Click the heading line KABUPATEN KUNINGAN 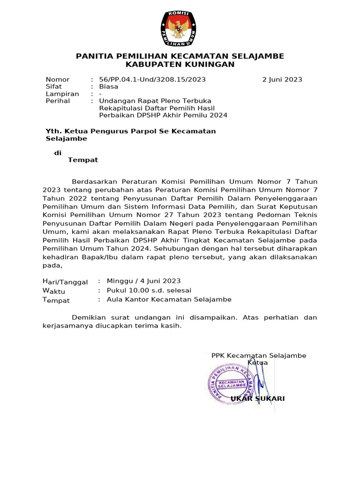pyautogui.click(x=180, y=65)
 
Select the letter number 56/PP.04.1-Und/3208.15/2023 pyautogui.click(x=152, y=80)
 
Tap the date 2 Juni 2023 pyautogui.click(x=282, y=80)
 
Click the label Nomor pyautogui.click(x=57, y=80)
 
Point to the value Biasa pyautogui.click(x=109, y=87)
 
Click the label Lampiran pyautogui.click(x=62, y=94)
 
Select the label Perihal pyautogui.click(x=58, y=101)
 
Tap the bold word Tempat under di pyautogui.click(x=83, y=160)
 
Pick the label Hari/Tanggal pyautogui.click(x=65, y=282)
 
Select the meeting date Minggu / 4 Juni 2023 pyautogui.click(x=143, y=281)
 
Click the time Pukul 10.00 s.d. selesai pyautogui.click(x=149, y=290)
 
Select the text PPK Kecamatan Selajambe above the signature pyautogui.click(x=259, y=356)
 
